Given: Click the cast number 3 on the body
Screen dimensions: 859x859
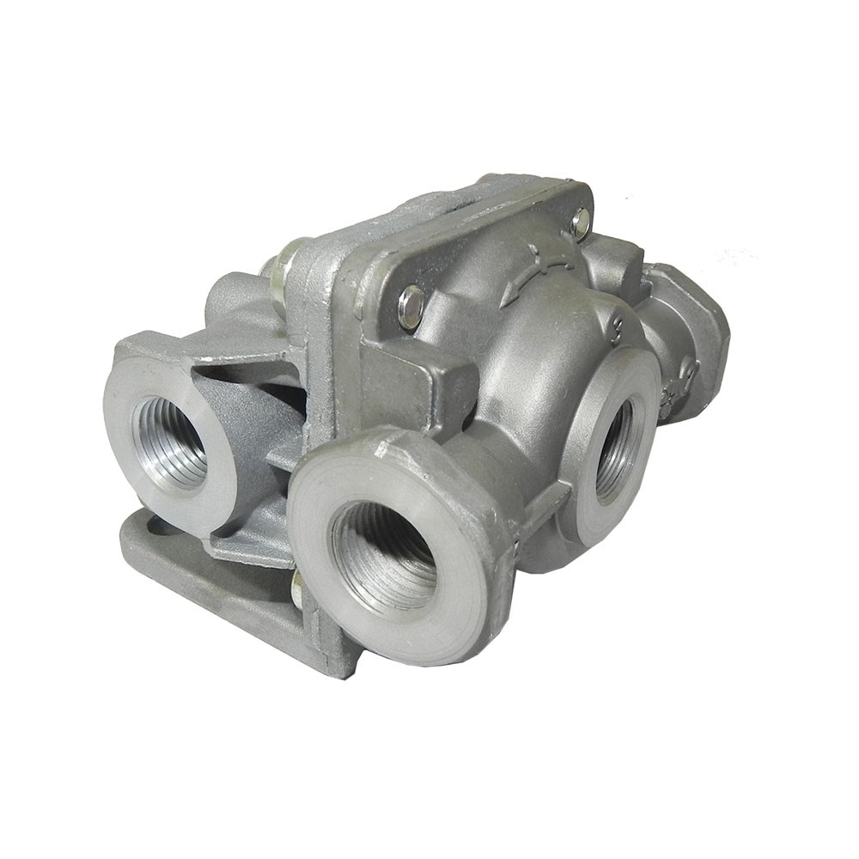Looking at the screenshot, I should click(x=615, y=326).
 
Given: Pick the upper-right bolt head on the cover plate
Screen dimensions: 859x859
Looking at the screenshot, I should click(x=581, y=222).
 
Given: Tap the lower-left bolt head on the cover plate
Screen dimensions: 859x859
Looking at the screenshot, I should click(x=411, y=307).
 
